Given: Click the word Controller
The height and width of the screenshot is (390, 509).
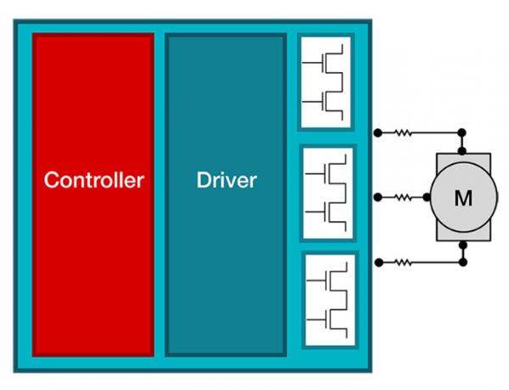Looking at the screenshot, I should pos(93,180).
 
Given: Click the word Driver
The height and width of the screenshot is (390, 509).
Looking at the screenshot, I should pos(226,180).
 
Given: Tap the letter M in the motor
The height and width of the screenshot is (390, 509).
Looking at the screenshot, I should pos(463,198).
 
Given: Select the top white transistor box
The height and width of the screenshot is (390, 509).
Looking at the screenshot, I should pos(325,81).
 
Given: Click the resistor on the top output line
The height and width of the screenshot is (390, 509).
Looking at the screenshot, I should pos(400,132).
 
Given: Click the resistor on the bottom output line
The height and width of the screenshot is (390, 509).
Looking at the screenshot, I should pos(401,262).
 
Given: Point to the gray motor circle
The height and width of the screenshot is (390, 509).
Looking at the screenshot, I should pos(463,198).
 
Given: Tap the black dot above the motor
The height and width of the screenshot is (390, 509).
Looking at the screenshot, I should pos(462,133).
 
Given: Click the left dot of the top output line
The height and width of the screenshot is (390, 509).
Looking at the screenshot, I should pos(376,133).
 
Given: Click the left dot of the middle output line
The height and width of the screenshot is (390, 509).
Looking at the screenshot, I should pos(376,198).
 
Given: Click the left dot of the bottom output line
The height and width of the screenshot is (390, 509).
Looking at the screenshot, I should pos(376,262).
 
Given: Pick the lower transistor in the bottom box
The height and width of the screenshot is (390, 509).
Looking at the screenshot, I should pos(334,320).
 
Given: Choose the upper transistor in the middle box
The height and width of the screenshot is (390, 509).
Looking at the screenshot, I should pos(333,170).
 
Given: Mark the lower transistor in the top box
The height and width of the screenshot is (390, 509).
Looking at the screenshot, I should pos(331,102).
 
